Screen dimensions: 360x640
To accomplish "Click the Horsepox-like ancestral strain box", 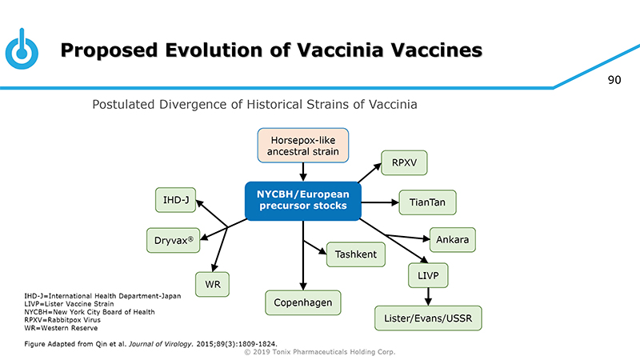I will coord(302,145).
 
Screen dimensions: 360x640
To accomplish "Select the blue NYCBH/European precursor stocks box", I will coord(302,200).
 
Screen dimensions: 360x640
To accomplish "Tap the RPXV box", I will coord(404,163).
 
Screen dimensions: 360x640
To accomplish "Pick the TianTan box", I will coord(427,202).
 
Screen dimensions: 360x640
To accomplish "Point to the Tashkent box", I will coord(357,254).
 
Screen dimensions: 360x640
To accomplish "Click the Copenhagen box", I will coord(303,302).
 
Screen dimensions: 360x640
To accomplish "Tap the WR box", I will coord(213,284).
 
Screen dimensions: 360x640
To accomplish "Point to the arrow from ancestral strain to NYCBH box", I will coord(303,172).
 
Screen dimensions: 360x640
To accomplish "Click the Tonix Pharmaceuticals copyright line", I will coord(320,352).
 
